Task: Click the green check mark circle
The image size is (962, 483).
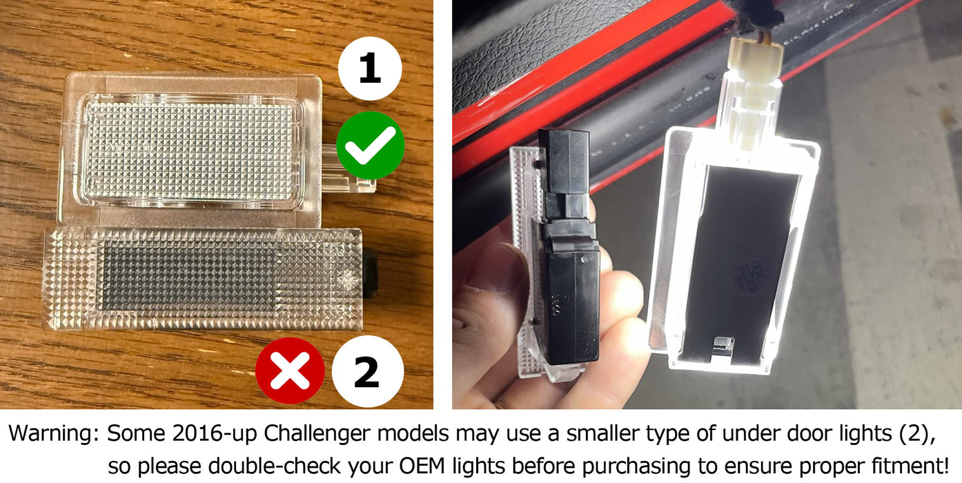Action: coord(370,146)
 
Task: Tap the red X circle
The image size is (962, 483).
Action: coord(290,371)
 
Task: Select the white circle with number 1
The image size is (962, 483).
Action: coord(370,68)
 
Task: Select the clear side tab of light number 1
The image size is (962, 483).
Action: coord(348,169)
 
